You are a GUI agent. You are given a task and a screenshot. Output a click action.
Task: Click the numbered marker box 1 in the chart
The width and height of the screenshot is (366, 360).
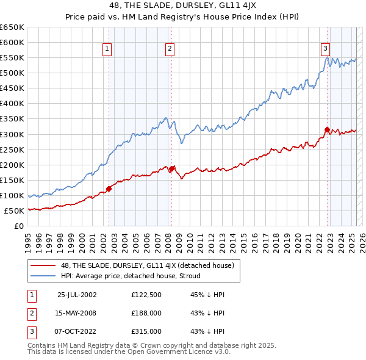pyautogui.click(x=107, y=50)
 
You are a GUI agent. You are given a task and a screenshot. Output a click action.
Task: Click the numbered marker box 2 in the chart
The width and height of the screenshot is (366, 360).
pyautogui.click(x=169, y=50)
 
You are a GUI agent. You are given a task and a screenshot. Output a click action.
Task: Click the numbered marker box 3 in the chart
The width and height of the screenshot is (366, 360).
pyautogui.click(x=326, y=50)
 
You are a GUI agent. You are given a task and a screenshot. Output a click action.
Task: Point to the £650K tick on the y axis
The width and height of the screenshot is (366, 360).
pyautogui.click(x=12, y=27)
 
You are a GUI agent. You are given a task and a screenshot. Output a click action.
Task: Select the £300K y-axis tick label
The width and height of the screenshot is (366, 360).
pyautogui.click(x=12, y=134)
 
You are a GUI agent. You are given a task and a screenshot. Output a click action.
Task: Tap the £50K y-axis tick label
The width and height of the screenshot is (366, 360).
pyautogui.click(x=15, y=211)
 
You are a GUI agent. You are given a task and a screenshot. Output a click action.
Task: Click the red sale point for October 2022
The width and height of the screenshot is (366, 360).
pyautogui.click(x=327, y=129)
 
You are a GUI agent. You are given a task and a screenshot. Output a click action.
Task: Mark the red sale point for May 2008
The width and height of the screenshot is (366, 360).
pyautogui.click(x=171, y=168)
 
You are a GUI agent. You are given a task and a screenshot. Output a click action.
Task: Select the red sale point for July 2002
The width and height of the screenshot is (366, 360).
pyautogui.click(x=109, y=189)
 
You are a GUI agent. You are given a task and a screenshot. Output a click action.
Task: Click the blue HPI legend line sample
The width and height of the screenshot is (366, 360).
pyautogui.click(x=43, y=276)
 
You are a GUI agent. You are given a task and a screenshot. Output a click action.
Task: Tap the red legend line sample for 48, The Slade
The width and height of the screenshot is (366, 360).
pyautogui.click(x=43, y=265)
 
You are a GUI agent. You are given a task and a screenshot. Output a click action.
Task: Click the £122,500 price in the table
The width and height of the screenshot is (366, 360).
pyautogui.click(x=146, y=294)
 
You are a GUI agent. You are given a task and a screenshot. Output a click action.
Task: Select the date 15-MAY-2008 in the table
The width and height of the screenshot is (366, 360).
pyautogui.click(x=77, y=313)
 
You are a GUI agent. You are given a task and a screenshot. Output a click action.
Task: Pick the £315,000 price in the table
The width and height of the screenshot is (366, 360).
pyautogui.click(x=146, y=331)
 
